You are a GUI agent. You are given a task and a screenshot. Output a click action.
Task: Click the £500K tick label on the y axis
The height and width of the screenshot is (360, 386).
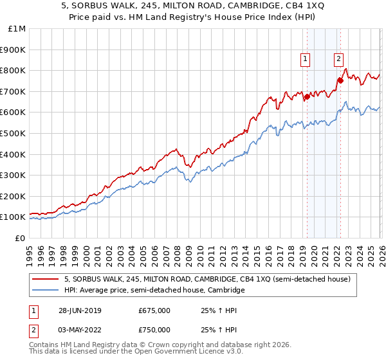tap(13, 133)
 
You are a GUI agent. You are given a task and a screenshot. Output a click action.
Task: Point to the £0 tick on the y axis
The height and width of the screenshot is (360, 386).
tap(19, 238)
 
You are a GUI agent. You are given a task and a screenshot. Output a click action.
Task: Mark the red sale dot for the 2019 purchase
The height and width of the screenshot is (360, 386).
tap(307, 96)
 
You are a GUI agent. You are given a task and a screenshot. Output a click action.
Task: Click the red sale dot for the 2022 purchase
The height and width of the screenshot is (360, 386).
tap(340, 80)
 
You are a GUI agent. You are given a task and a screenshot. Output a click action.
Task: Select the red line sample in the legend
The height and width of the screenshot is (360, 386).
tap(47, 280)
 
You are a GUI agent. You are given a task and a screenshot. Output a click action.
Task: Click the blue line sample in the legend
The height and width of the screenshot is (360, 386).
tap(47, 291)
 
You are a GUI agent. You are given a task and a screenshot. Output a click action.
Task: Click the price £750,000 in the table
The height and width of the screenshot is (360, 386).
tap(154, 330)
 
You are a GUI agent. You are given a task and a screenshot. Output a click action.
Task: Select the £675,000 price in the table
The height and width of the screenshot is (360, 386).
tap(154, 312)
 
